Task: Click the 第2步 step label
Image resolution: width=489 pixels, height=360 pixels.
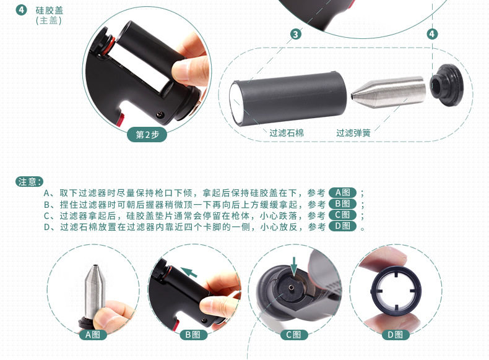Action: pos(147,135)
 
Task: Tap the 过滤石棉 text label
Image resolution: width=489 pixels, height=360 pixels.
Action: pos(287,133)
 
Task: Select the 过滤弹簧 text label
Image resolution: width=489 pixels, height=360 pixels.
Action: pos(353,133)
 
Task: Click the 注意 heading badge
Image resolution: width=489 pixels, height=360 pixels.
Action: pos(29,182)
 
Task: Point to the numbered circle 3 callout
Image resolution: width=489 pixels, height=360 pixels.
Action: pos(296,34)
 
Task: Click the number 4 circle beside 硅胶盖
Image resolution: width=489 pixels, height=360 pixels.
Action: pos(21,10)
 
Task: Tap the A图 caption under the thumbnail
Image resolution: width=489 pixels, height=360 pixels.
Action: pos(92,335)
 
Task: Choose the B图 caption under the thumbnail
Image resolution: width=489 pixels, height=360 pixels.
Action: pos(193,335)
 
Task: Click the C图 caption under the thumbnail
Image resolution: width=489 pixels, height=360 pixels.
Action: pos(293,335)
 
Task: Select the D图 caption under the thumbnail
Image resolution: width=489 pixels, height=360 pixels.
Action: pos(394,335)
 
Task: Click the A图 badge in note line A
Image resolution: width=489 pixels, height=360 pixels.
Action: pos(342,192)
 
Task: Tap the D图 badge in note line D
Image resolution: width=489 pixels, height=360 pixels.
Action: pos(342,226)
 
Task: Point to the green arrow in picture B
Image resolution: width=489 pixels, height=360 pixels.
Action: pos(189,272)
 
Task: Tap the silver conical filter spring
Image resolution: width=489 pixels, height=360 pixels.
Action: pos(388,91)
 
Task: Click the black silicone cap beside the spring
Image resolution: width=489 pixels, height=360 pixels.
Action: pos(446,85)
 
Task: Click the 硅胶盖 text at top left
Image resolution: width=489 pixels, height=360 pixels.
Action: pos(50,11)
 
